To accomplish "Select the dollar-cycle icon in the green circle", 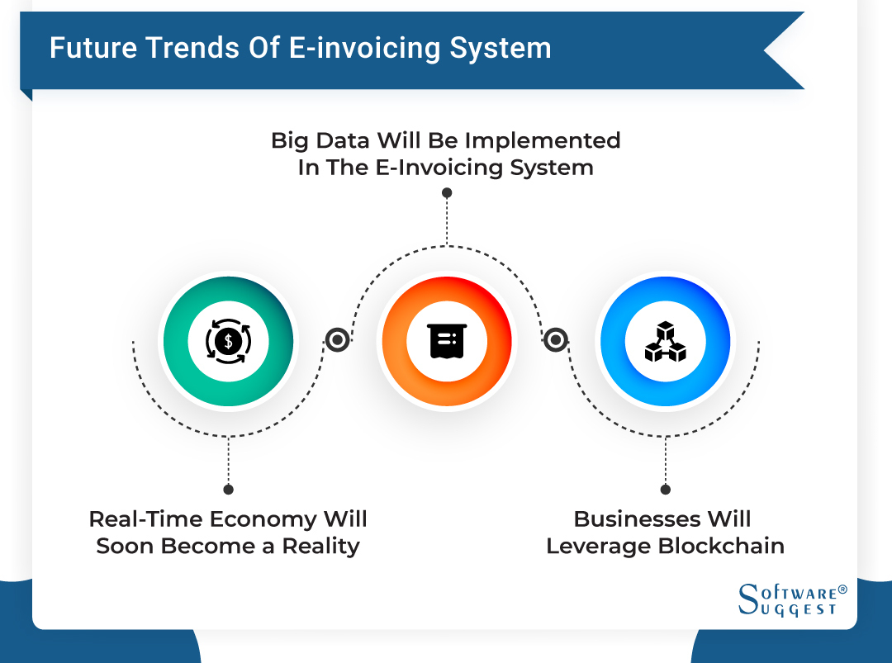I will pyautogui.click(x=227, y=341).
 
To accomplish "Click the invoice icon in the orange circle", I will pyautogui.click(x=447, y=341).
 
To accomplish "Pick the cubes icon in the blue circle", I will pyautogui.click(x=665, y=341).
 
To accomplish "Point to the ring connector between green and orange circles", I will pyautogui.click(x=337, y=340).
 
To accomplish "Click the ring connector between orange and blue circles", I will pyautogui.click(x=556, y=340).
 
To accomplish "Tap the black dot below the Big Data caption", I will pyautogui.click(x=447, y=192).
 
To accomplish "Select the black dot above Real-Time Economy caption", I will pyautogui.click(x=228, y=490).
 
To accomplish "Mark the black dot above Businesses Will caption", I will pyautogui.click(x=666, y=490).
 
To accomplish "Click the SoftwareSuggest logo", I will pyautogui.click(x=789, y=599).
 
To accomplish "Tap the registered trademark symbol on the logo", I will pyautogui.click(x=842, y=590).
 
